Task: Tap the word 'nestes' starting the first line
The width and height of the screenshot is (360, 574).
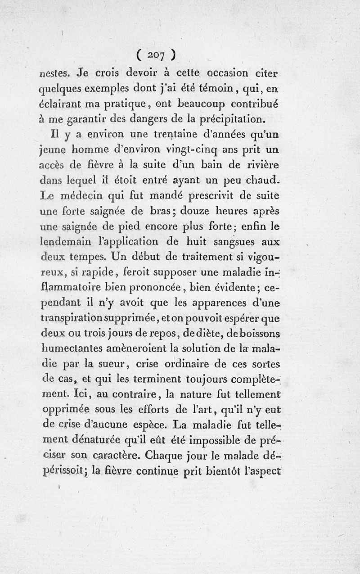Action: [x=54, y=72]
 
